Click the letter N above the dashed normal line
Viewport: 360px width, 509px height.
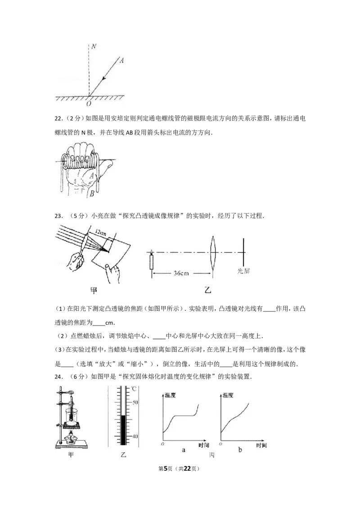tap(94, 46)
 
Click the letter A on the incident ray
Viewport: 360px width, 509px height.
tap(121, 60)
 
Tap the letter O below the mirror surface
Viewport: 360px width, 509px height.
tap(88, 103)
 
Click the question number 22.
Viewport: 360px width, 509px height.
tap(58, 119)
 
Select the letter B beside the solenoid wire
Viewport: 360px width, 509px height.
tap(92, 194)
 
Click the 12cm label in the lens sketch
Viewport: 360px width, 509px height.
tap(101, 232)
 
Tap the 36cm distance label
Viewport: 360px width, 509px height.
tap(181, 273)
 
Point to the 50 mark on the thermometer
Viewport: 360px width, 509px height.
tap(135, 402)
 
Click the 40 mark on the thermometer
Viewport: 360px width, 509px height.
tap(135, 436)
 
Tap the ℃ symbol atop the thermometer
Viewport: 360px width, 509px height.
tap(133, 389)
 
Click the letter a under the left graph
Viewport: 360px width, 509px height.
tap(184, 450)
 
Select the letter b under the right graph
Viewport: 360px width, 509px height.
tap(240, 450)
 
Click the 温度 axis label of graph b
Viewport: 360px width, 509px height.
tap(228, 395)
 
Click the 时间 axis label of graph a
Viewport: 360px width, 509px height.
tap(204, 445)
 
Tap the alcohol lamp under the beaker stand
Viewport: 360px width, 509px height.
tap(71, 438)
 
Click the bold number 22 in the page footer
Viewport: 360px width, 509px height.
tap(187, 469)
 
